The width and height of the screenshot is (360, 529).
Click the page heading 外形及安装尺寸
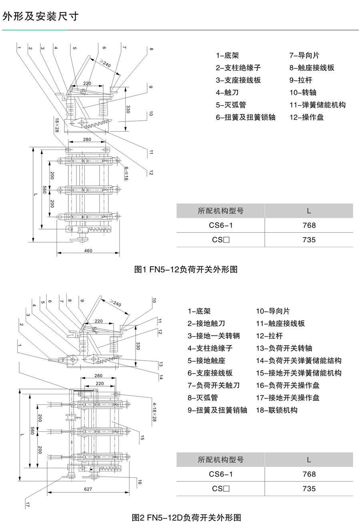pos(40,16)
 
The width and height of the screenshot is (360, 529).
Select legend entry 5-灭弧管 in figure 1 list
pos(231,105)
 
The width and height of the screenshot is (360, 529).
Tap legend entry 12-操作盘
pos(307,117)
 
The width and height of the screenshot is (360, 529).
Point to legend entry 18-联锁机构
pos(277,410)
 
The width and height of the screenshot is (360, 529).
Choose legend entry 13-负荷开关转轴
pos(284,348)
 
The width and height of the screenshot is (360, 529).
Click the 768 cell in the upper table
pos(309,225)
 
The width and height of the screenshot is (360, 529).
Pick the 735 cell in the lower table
pos(309,489)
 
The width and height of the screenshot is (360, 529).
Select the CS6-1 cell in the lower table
pos(221,474)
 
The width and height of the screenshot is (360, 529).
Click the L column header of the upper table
pos(309,211)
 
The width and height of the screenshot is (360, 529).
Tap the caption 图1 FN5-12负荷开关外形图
pos(186,269)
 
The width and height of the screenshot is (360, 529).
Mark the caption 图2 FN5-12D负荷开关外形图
pos(186,518)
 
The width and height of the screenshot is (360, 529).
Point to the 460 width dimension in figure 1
pos(88,251)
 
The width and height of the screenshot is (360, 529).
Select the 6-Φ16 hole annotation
pos(126,174)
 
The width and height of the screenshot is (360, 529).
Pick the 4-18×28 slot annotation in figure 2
pos(154,412)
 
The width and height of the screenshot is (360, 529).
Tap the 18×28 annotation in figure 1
pos(57,125)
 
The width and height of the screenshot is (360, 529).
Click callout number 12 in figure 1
pos(151,173)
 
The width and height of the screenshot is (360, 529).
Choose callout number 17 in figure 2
pos(28,505)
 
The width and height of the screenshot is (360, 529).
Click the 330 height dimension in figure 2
pos(138,346)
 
